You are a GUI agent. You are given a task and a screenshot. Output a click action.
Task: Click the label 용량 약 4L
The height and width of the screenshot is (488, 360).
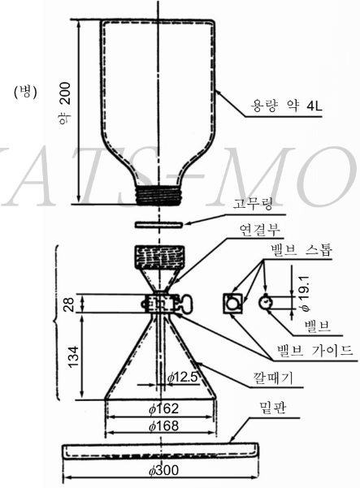(287, 106)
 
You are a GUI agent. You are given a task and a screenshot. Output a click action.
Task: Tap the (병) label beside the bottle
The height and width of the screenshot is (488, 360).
(25, 92)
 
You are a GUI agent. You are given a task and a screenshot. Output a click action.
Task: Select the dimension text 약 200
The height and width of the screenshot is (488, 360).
(65, 103)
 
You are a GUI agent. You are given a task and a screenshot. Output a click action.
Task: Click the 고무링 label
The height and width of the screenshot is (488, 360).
(253, 204)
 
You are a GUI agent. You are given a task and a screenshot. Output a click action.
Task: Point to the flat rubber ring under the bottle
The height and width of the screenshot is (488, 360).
(158, 224)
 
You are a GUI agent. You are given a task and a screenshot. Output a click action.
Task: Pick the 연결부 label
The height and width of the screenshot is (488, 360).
(260, 231)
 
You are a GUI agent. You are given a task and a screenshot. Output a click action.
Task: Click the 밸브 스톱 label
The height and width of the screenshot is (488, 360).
(301, 250)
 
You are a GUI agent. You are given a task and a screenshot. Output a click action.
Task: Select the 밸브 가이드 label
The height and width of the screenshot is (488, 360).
(314, 351)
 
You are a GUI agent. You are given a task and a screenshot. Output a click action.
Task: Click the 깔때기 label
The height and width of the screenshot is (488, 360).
(272, 378)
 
